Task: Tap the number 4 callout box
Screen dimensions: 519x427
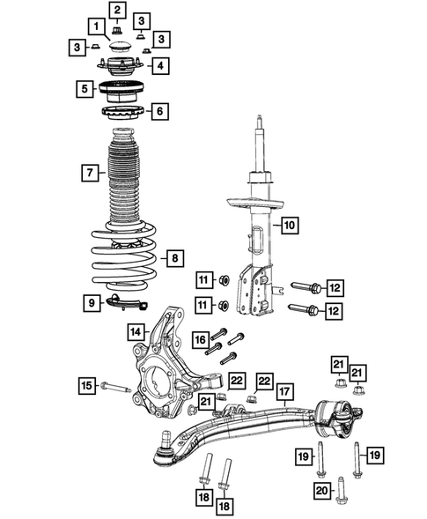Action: click(x=159, y=65)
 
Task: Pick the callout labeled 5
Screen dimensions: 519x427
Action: click(x=85, y=89)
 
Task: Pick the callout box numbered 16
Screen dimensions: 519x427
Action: click(x=200, y=339)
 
